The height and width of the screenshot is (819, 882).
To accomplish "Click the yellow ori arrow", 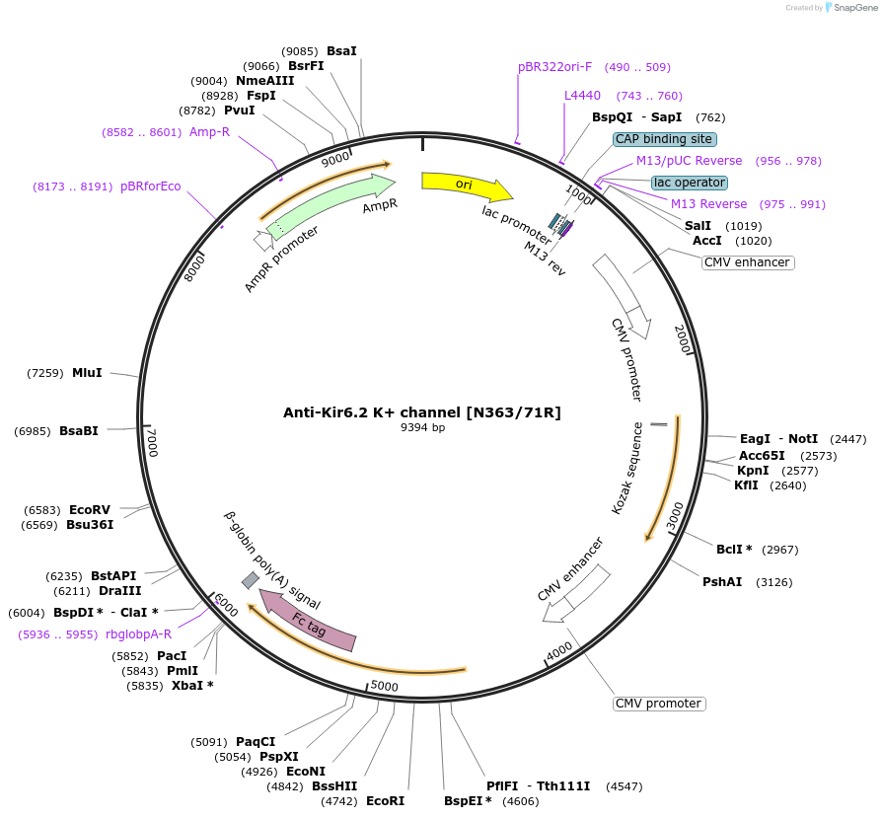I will [x=465, y=186].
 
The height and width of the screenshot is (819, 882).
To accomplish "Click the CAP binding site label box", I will [x=664, y=139].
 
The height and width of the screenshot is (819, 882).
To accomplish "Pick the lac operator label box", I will [x=690, y=183].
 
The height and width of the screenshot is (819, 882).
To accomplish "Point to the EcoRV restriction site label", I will [x=90, y=509].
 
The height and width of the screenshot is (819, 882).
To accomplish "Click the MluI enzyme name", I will [x=87, y=372].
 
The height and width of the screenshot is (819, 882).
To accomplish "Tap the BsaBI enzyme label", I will [x=79, y=430].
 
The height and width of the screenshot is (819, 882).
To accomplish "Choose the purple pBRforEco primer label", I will [x=151, y=186].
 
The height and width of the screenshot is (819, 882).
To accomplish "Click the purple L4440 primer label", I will [x=582, y=96].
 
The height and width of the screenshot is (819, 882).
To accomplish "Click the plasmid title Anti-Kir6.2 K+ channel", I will [x=422, y=412].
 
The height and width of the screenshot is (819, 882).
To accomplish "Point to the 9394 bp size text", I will [x=422, y=428].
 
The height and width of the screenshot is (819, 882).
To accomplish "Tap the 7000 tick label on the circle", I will [x=151, y=441].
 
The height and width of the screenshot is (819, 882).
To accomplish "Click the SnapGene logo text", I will [x=853, y=8].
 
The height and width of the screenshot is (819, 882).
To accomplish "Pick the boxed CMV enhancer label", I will [x=748, y=262].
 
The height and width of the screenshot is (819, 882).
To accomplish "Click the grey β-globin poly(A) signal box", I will [x=251, y=580].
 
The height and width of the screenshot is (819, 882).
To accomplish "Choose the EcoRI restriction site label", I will [x=385, y=801].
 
